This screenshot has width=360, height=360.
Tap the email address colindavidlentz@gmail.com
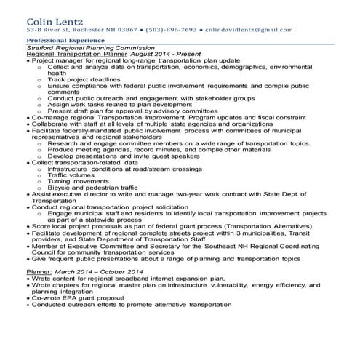(x=250, y=30)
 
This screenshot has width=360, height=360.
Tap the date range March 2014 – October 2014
(x=91, y=271)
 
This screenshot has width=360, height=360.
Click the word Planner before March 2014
(x=39, y=271)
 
